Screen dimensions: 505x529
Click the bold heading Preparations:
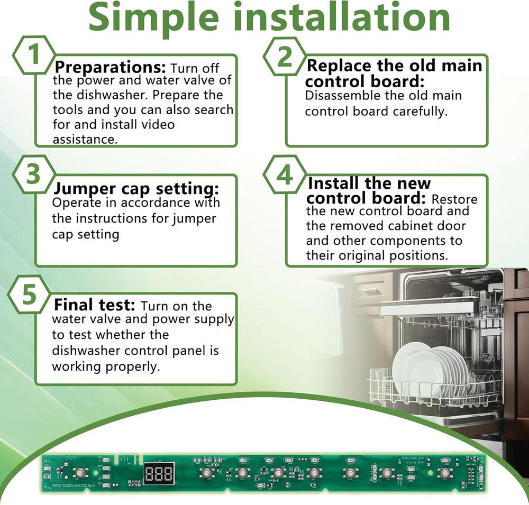coord(111,68)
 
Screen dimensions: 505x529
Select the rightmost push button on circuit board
coord(446,472)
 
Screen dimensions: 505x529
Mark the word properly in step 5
coord(132,366)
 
